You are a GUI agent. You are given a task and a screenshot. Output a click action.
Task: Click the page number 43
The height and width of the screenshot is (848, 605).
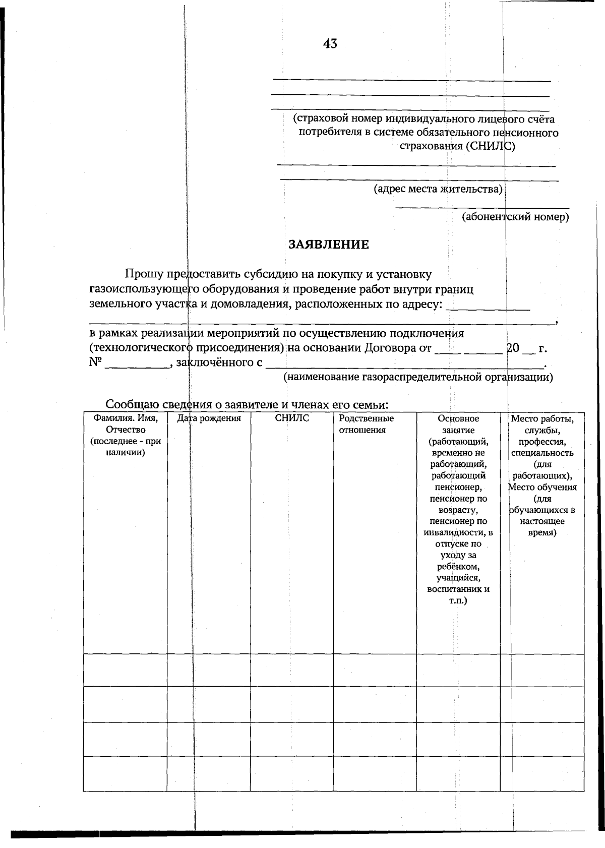click(x=330, y=44)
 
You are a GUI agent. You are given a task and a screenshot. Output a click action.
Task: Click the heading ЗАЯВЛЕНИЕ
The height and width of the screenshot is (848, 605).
click(x=329, y=245)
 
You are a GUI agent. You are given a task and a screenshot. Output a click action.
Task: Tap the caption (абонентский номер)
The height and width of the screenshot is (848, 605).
click(x=515, y=217)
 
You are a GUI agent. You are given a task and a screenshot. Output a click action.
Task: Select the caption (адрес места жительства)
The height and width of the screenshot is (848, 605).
click(x=438, y=190)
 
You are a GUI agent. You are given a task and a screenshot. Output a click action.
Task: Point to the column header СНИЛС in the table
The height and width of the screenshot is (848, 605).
click(x=292, y=418)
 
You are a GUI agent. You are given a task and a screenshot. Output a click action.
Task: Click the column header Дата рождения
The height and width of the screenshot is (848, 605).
click(x=209, y=418)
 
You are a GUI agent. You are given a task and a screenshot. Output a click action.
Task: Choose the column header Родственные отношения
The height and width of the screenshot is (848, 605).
click(x=366, y=424)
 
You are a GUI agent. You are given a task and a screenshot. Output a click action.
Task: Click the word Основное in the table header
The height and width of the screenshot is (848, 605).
click(x=458, y=418)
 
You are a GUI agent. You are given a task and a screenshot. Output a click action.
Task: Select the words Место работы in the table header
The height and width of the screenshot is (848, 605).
click(x=542, y=418)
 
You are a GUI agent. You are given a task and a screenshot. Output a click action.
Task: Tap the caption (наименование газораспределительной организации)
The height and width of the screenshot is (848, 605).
click(x=418, y=378)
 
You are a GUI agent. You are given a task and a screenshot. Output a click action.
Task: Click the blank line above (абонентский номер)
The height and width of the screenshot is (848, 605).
click(x=482, y=207)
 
